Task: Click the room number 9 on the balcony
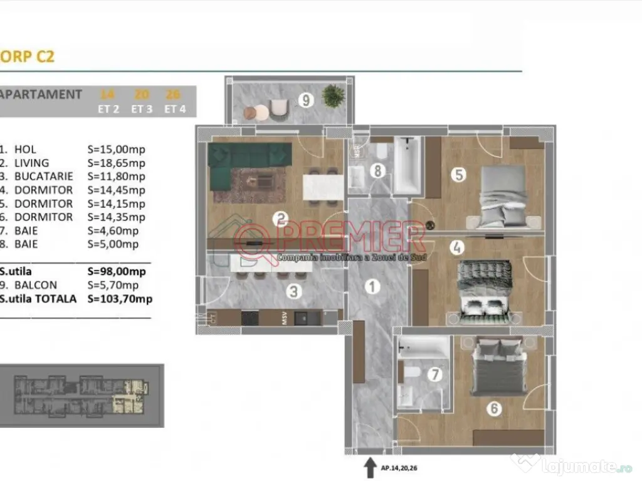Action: [305, 100]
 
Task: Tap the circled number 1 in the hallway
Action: [372, 287]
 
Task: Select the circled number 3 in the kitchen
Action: [293, 291]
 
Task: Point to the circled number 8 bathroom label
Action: [377, 170]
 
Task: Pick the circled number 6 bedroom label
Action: [494, 410]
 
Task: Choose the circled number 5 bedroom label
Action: [459, 174]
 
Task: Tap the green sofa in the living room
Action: [250, 155]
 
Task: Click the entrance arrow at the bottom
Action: [367, 467]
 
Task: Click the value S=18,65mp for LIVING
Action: [117, 163]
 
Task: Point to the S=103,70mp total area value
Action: [120, 299]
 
